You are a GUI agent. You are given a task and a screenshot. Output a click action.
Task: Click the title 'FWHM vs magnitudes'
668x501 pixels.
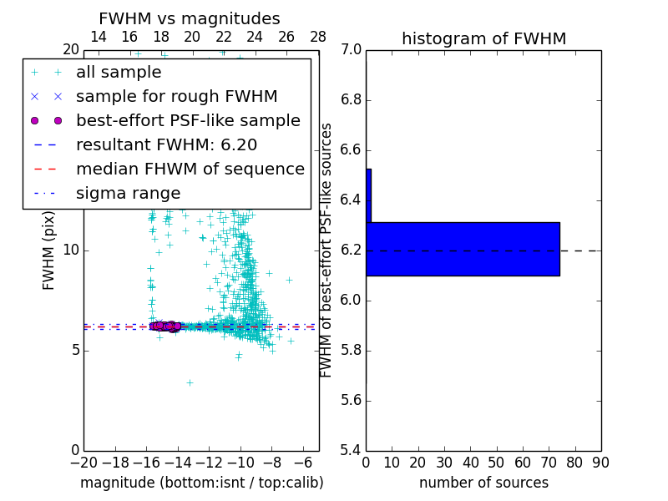click(x=190, y=18)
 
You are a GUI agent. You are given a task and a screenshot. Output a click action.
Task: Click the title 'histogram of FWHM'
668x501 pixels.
click(x=483, y=38)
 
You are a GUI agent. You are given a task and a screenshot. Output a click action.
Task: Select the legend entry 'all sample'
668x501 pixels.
click(x=119, y=73)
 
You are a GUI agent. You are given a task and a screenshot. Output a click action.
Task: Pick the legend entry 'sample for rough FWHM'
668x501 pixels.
click(x=176, y=97)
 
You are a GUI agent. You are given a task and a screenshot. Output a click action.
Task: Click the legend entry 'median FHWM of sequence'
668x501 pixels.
click(x=190, y=170)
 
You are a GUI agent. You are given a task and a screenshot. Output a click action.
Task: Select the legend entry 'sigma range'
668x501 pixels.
click(x=128, y=194)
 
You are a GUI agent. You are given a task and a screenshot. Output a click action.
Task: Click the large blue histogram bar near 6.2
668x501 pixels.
click(x=463, y=249)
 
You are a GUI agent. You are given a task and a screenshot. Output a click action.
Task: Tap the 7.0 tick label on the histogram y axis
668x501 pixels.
click(x=352, y=50)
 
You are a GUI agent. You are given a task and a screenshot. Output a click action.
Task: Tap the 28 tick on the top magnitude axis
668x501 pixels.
click(x=318, y=37)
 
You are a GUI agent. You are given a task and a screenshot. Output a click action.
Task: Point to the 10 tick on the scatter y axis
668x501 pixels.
click(x=71, y=250)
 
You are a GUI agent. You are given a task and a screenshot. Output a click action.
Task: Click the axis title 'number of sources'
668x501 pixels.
click(x=483, y=483)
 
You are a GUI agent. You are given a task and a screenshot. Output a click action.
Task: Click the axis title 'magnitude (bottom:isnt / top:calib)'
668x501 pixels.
click(x=201, y=483)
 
